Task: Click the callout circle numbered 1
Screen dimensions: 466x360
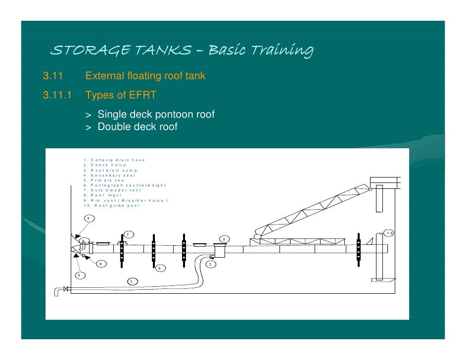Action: click(131, 281)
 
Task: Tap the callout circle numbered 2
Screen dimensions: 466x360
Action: click(210, 265)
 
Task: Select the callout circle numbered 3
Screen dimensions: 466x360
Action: click(224, 239)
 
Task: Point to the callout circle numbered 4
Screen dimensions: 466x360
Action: click(89, 218)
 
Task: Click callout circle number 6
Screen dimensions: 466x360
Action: click(101, 264)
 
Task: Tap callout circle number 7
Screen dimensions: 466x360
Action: click(128, 234)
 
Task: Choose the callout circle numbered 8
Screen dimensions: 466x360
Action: click(159, 268)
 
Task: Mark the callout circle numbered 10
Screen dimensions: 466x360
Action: click(389, 233)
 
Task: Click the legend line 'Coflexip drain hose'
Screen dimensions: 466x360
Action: click(114, 160)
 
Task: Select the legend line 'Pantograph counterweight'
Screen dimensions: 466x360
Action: click(124, 185)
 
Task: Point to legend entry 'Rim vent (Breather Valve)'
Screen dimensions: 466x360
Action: click(126, 200)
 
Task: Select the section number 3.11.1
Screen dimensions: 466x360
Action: click(58, 94)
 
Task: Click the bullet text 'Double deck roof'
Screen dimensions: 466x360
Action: click(137, 127)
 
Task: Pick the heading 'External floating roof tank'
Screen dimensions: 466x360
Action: click(145, 76)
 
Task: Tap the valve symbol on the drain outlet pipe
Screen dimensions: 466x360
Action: click(65, 288)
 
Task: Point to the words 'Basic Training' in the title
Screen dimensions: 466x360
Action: click(261, 50)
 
